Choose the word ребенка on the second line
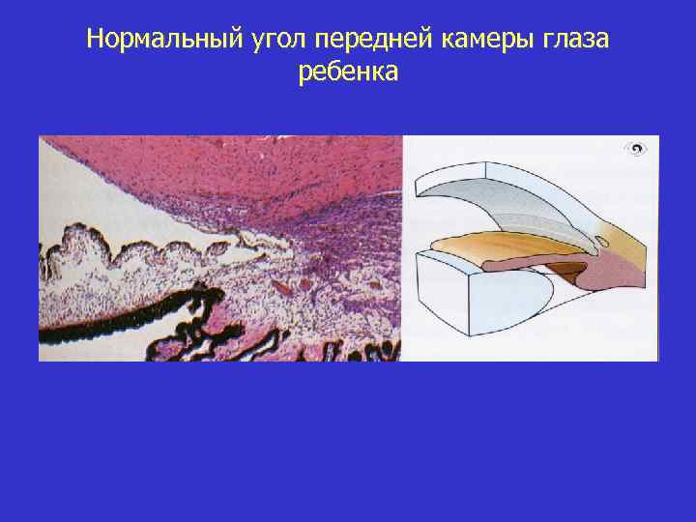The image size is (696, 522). tap(348, 73)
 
